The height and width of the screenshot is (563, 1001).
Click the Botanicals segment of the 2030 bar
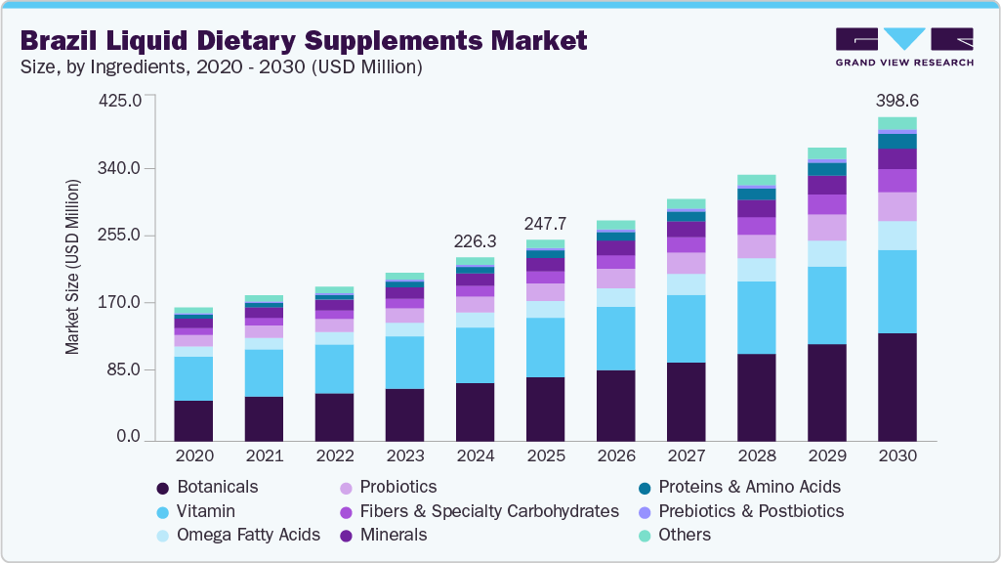(897, 387)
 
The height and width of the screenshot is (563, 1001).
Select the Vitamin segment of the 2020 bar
(193, 378)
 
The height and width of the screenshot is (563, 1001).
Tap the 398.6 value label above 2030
(897, 101)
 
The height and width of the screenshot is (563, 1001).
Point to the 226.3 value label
(475, 240)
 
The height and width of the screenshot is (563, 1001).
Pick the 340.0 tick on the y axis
(123, 169)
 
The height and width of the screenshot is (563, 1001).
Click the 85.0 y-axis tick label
(127, 370)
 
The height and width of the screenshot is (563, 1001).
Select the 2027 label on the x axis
(686, 455)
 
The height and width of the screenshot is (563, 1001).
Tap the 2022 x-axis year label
(334, 455)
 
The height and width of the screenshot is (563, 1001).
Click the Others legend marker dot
(644, 536)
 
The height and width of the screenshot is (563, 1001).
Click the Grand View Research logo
(903, 47)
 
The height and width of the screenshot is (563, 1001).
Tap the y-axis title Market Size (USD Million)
(72, 267)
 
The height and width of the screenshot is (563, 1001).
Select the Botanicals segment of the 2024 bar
(475, 411)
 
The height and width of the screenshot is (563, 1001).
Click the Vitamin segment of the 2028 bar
(756, 318)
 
